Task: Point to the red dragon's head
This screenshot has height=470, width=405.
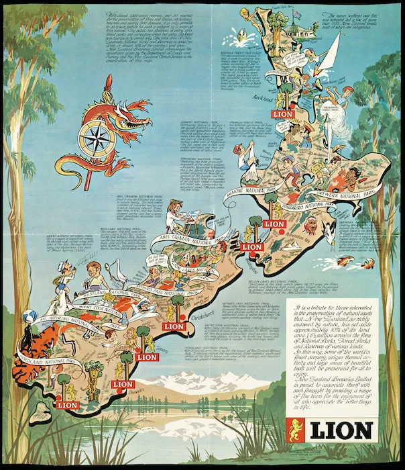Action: click(x=132, y=107)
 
